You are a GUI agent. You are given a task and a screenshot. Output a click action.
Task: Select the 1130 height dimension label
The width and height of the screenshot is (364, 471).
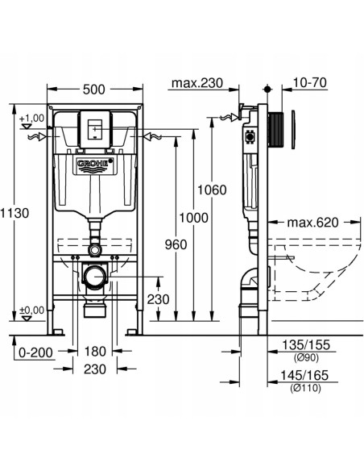(14, 214)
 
